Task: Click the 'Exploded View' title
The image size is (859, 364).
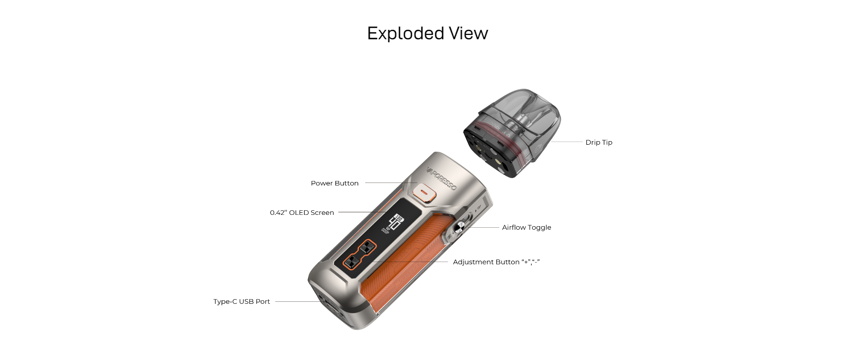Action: pyautogui.click(x=427, y=33)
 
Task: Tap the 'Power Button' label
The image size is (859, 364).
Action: pyautogui.click(x=334, y=183)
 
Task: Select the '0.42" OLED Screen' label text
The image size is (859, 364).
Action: pyautogui.click(x=302, y=212)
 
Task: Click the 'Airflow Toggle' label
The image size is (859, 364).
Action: pyautogui.click(x=526, y=227)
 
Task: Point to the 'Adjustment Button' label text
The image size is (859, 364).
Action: pyautogui.click(x=486, y=262)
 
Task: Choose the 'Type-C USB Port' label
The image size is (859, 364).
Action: pyautogui.click(x=241, y=301)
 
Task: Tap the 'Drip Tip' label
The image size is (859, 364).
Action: pyautogui.click(x=599, y=142)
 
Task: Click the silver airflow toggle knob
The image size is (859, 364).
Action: pyautogui.click(x=460, y=227)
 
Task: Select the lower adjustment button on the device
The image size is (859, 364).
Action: pyautogui.click(x=351, y=262)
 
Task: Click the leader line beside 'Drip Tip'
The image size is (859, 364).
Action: pyautogui.click(x=566, y=142)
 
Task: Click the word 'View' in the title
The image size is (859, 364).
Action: pyautogui.click(x=469, y=33)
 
